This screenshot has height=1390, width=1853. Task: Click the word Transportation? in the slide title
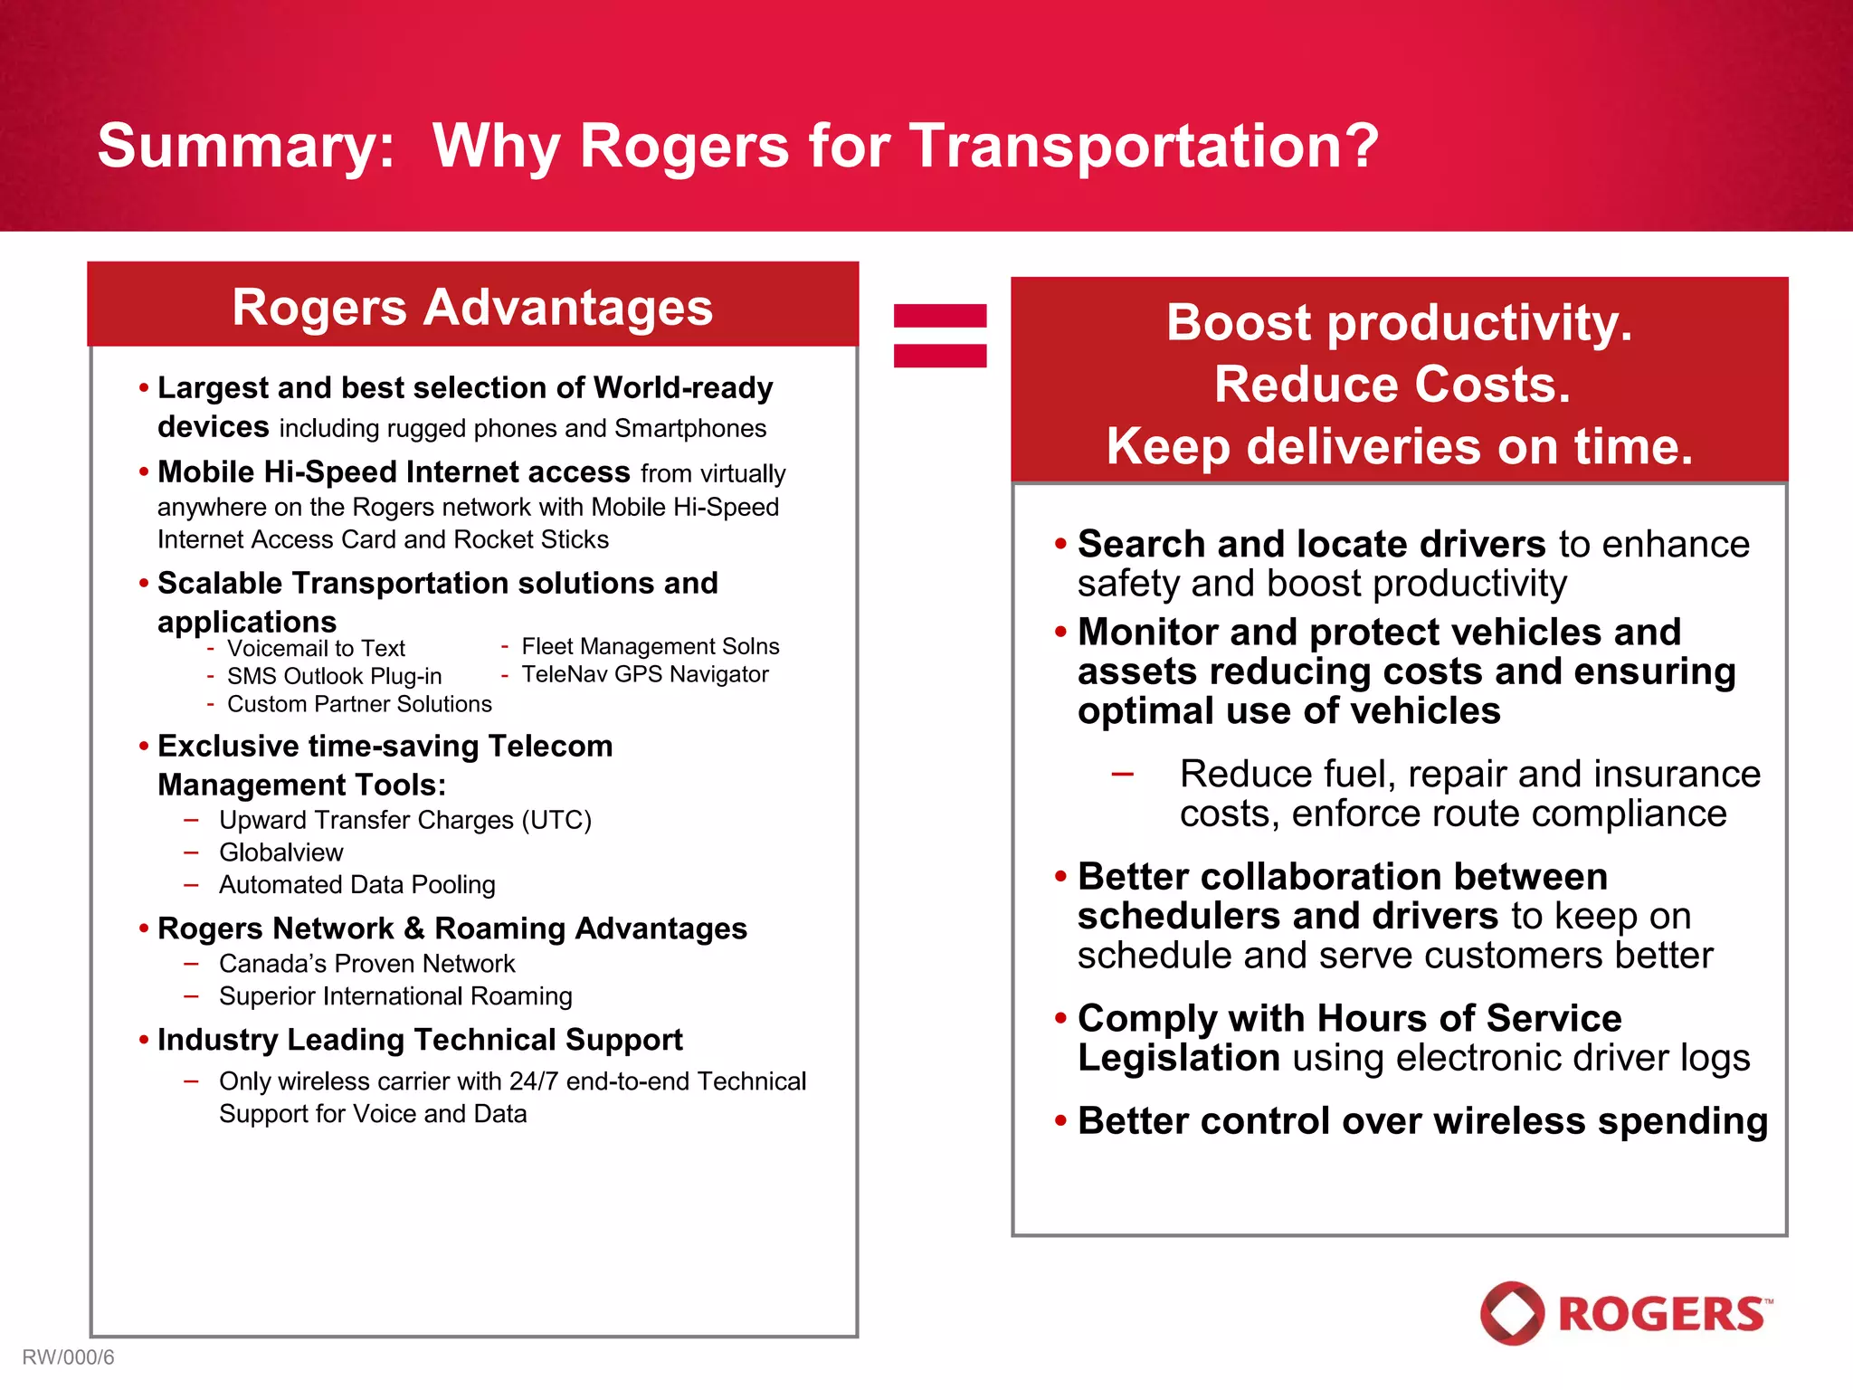(x=1144, y=147)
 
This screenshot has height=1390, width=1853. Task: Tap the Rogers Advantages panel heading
(x=472, y=307)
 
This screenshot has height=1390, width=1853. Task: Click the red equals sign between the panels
(x=939, y=336)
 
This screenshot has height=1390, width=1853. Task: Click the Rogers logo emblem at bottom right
(x=1512, y=1313)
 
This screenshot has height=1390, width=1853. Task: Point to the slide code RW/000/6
(x=68, y=1357)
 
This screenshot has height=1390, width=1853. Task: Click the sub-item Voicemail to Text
(x=316, y=649)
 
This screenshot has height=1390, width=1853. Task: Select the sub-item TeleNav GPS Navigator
(x=644, y=674)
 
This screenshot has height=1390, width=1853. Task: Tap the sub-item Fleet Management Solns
(x=650, y=646)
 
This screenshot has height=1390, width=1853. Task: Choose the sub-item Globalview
(x=280, y=852)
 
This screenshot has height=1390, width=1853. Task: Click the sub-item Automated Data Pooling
(x=356, y=884)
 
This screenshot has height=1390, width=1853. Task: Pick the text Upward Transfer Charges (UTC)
(x=404, y=820)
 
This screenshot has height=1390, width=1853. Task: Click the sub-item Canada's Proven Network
(x=366, y=964)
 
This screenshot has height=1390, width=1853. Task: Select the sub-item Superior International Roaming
(x=395, y=996)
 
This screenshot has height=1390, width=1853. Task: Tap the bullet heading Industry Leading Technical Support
(x=420, y=1040)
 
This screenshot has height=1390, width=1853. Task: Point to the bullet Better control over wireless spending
(x=1421, y=1121)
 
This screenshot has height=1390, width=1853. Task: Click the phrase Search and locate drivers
(x=1311, y=545)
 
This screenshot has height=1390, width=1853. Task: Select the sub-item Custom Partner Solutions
(x=359, y=704)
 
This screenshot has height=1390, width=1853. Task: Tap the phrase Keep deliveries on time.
(x=1399, y=447)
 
